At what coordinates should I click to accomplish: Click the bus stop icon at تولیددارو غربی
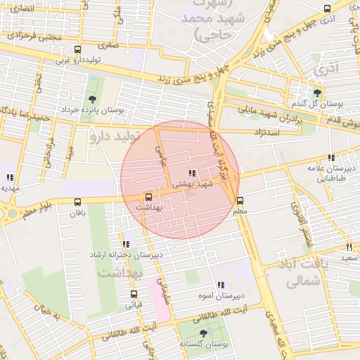[77, 49]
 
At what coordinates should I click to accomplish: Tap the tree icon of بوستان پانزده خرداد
[93, 99]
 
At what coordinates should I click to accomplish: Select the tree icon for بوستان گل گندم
[318, 91]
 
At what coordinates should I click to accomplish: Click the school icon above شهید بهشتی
[192, 173]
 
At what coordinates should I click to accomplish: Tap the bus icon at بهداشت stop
[148, 197]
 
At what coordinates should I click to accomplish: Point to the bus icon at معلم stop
[240, 200]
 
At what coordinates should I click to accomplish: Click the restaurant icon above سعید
[349, 247]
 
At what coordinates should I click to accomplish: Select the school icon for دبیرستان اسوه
[221, 285]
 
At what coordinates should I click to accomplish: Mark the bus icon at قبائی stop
[134, 295]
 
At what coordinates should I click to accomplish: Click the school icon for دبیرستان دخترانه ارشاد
[125, 243]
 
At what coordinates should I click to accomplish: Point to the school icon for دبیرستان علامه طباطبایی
[330, 157]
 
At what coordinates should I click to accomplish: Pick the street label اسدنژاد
[270, 131]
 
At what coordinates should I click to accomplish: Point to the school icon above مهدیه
[9, 177]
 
